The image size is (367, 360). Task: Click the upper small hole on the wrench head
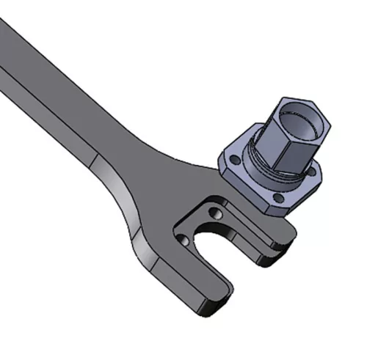point(215,213)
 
